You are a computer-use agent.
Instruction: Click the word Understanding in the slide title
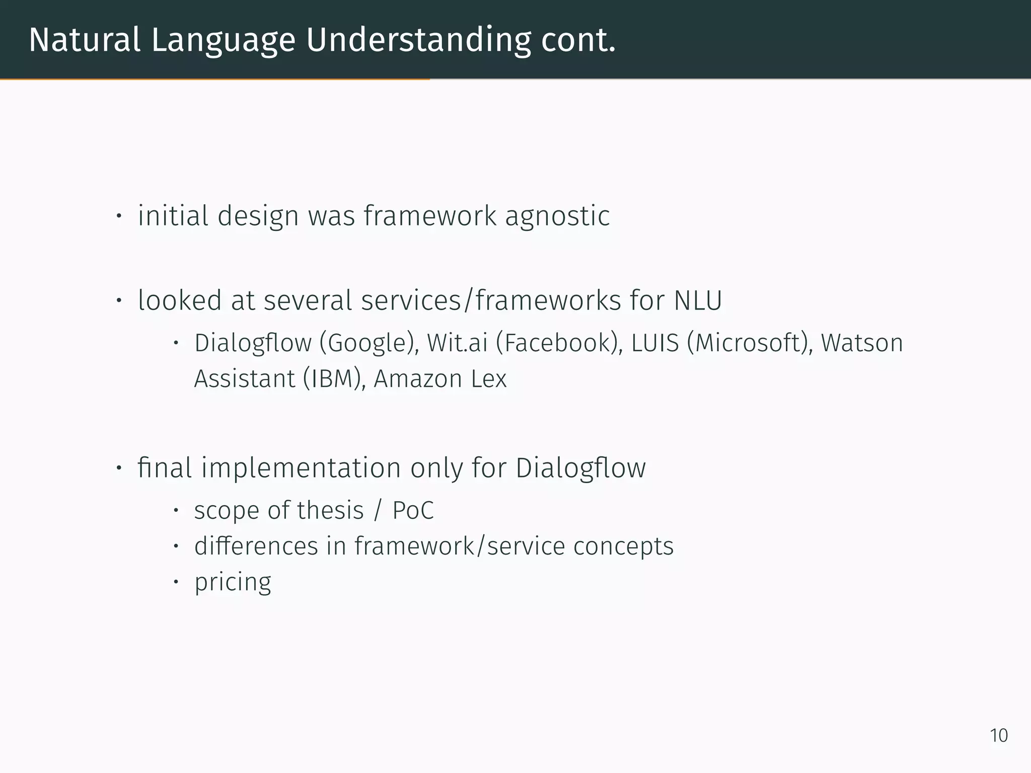click(x=418, y=40)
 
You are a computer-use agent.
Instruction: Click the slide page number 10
click(x=999, y=735)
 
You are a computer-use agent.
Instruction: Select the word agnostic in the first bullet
click(x=557, y=216)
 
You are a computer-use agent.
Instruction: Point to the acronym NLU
click(x=698, y=300)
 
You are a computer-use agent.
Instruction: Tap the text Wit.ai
click(x=457, y=343)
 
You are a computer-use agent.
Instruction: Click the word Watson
click(x=862, y=343)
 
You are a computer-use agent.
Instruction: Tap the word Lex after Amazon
click(x=489, y=379)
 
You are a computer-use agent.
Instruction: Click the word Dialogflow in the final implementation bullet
click(x=580, y=468)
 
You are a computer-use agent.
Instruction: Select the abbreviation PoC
click(x=413, y=511)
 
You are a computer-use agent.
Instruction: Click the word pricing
click(x=233, y=582)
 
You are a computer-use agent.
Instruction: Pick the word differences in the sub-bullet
click(x=256, y=546)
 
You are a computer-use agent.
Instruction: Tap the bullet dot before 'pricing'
click(x=176, y=582)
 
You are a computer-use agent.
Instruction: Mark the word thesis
click(x=330, y=511)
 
